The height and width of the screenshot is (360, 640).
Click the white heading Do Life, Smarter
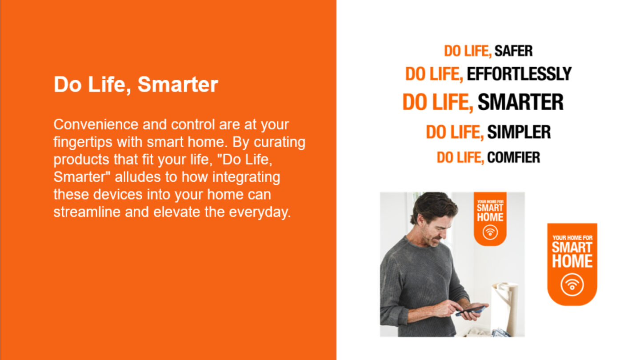(x=136, y=84)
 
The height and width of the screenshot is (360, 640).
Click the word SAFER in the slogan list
(x=514, y=51)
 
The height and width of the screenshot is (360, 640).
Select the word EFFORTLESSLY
(x=519, y=74)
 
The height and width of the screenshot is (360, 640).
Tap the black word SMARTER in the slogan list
(x=520, y=102)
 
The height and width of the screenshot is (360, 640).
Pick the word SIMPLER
(x=519, y=132)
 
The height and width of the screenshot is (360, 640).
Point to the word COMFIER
(x=514, y=157)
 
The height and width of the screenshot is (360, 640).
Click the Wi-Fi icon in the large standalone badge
(x=572, y=285)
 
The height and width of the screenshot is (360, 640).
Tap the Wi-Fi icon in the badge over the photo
(x=490, y=232)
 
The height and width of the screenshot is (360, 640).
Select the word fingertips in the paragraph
(x=83, y=142)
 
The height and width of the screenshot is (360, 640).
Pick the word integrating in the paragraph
(x=246, y=177)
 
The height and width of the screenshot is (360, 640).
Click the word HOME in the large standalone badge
(x=572, y=261)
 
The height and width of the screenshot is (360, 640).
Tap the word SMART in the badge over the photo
(x=490, y=208)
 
